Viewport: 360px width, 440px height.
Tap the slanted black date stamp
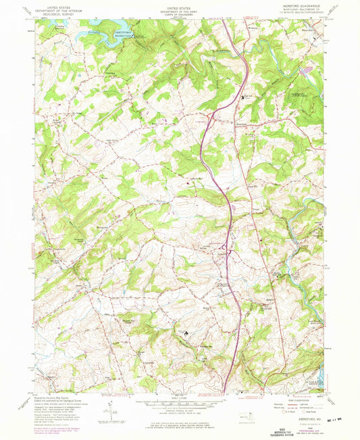pyautogui.click(x=334, y=424)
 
